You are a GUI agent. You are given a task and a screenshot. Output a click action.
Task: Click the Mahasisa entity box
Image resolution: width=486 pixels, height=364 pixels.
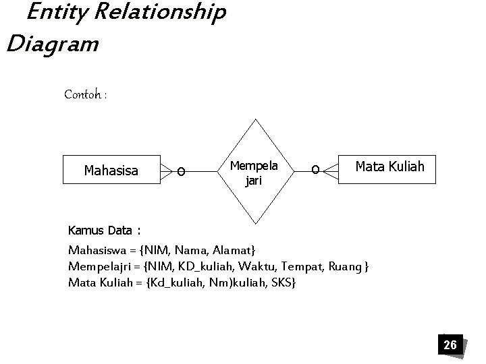coord(111,171)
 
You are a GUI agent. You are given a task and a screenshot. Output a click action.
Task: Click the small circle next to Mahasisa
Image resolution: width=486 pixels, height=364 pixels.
coord(180,172)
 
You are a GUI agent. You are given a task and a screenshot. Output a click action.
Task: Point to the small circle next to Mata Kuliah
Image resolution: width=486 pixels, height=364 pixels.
coord(315,171)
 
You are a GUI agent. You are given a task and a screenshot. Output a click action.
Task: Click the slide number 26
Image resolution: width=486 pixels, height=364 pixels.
coord(450,345)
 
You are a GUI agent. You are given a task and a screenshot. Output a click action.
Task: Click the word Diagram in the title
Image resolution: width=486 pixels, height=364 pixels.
coord(52,44)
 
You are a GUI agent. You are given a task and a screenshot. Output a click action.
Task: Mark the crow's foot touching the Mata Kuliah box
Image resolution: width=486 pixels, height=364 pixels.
coord(331,172)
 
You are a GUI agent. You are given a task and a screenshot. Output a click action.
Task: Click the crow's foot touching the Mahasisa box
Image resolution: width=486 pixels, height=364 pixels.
coord(165,171)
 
